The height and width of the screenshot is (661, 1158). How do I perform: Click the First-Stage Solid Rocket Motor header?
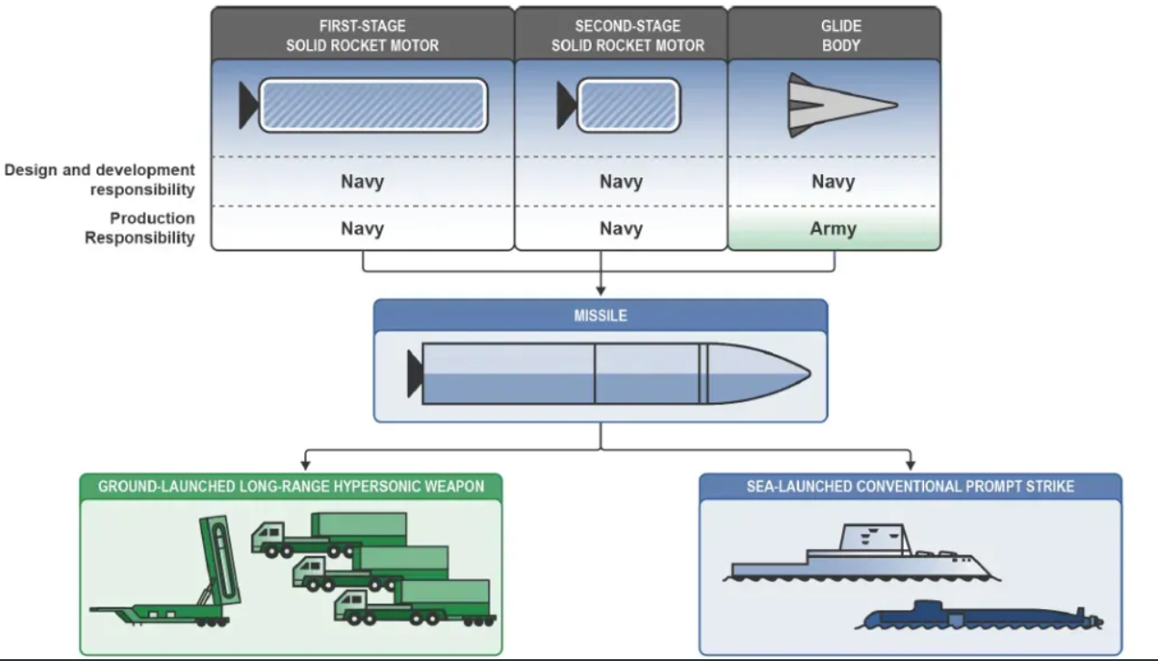362,36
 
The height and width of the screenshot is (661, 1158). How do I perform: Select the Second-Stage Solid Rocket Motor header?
621,36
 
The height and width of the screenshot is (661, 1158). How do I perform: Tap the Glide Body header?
834,36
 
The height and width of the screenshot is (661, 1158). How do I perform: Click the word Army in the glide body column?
833,229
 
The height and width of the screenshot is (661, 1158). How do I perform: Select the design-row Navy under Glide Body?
833,181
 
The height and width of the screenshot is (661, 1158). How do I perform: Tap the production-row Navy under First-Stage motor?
362,229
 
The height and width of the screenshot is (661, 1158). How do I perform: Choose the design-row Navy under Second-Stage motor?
621,181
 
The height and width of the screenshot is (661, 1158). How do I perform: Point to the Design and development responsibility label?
99,179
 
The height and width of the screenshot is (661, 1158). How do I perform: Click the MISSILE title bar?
600,315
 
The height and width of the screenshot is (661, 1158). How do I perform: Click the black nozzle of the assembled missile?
415,373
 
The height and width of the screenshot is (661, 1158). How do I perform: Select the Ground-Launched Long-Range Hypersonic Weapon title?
290,486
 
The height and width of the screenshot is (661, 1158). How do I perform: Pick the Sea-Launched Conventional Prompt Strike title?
910,486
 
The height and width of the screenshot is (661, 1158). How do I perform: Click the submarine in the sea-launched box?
979,616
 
